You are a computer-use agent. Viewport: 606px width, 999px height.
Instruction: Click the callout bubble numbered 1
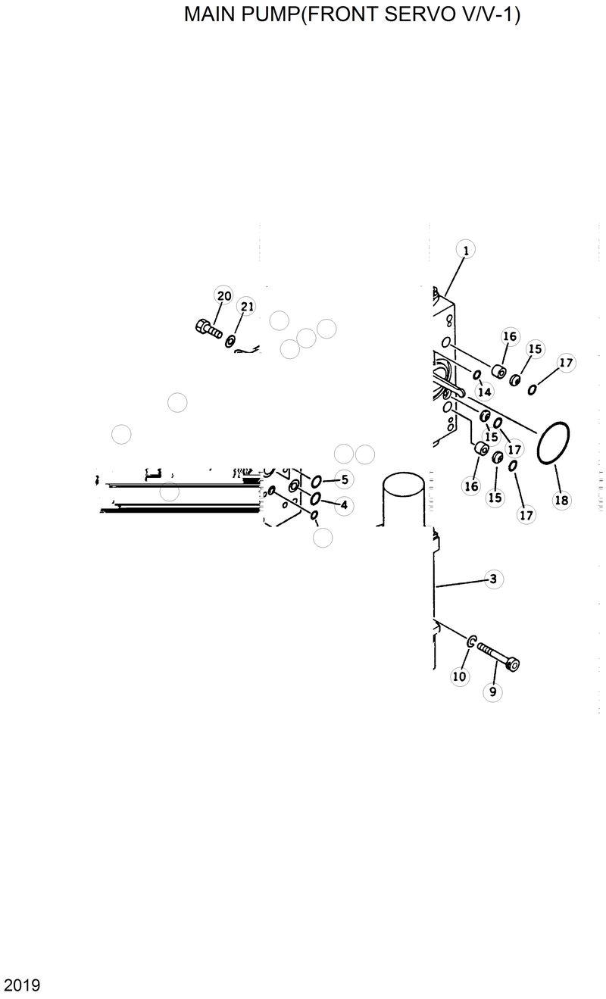pyautogui.click(x=465, y=249)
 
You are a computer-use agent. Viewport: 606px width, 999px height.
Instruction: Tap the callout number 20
pyautogui.click(x=223, y=295)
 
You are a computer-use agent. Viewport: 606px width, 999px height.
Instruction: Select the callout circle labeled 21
pyautogui.click(x=246, y=307)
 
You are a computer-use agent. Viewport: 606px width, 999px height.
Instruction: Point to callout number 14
pyautogui.click(x=484, y=392)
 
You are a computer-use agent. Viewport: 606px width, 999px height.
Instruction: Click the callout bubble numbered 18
pyautogui.click(x=561, y=500)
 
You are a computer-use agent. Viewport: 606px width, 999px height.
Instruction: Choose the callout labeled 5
pyautogui.click(x=344, y=479)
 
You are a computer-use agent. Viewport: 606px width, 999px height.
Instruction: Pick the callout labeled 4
pyautogui.click(x=344, y=504)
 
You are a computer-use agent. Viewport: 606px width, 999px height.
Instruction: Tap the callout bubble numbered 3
pyautogui.click(x=492, y=579)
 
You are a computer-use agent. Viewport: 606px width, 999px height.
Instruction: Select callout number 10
pyautogui.click(x=459, y=676)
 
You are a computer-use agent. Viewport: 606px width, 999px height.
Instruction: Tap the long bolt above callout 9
pyautogui.click(x=498, y=655)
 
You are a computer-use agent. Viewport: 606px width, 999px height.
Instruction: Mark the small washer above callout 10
pyautogui.click(x=471, y=642)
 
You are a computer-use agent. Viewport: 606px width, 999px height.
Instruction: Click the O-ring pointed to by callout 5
pyautogui.click(x=316, y=481)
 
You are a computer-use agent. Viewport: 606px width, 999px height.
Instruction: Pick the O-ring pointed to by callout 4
pyautogui.click(x=315, y=498)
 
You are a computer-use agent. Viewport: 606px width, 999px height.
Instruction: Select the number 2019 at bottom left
pyautogui.click(x=22, y=985)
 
